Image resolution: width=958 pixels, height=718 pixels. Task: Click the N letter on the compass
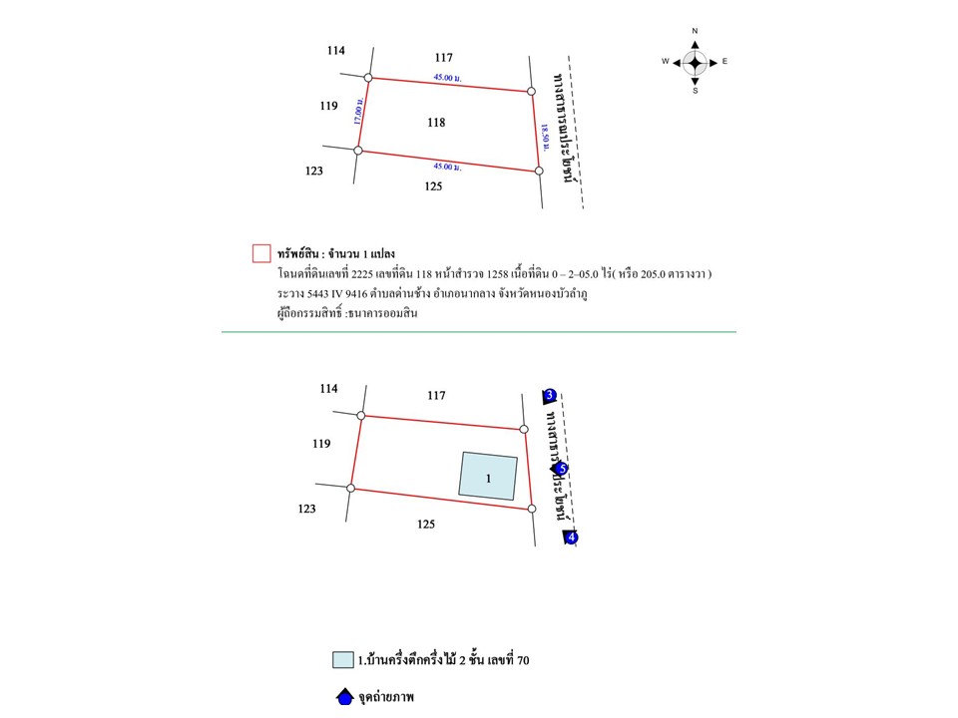tap(696, 31)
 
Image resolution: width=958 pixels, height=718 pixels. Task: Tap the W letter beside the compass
tap(665, 62)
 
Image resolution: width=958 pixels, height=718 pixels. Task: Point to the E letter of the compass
tap(725, 62)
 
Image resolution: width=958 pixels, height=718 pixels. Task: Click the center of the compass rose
tap(696, 62)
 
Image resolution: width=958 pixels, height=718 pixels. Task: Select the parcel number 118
tap(435, 123)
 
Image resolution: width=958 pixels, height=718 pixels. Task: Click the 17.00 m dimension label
tap(357, 109)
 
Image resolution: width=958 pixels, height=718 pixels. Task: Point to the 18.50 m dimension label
tap(544, 136)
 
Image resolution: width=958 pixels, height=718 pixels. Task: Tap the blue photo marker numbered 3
tap(550, 396)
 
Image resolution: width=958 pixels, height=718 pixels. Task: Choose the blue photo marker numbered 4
tap(571, 538)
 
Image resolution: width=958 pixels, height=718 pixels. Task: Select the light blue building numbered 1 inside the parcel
tap(488, 477)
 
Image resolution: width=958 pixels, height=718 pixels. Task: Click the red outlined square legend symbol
tap(261, 253)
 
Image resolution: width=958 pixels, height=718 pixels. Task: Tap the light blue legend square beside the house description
tap(343, 659)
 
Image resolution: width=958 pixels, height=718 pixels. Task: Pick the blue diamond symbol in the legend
tap(343, 697)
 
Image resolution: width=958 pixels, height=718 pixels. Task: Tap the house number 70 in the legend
tap(506, 660)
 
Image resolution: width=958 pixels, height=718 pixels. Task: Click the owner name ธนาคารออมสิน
tap(386, 314)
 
